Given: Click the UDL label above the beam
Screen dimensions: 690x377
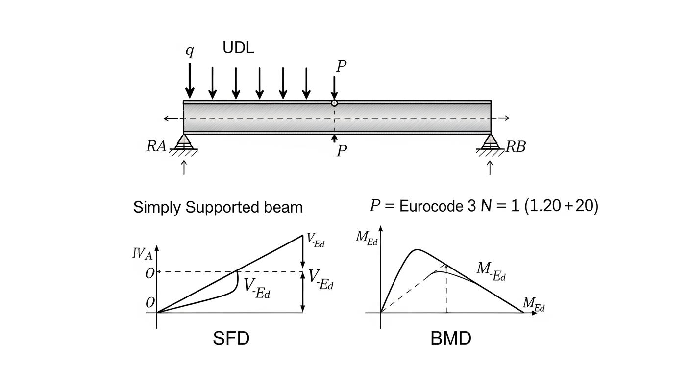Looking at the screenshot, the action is (238, 48).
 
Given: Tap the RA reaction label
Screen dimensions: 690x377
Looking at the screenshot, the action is (156, 146).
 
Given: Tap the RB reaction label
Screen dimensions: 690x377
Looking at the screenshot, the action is (516, 147).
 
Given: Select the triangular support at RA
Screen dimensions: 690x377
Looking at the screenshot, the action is (184, 142).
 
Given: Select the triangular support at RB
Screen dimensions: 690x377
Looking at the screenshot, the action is (490, 142).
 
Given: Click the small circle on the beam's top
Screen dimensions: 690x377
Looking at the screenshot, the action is (334, 103).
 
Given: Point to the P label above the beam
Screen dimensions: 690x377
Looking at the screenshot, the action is (341, 66).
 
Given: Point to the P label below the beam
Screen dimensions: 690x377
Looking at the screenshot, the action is (342, 151).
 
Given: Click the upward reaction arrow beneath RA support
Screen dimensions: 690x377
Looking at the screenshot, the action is (184, 167).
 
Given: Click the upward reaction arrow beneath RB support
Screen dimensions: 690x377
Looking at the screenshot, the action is (490, 167).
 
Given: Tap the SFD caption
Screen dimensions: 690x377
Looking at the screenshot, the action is (231, 338).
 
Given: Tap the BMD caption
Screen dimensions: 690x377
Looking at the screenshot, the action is (451, 338).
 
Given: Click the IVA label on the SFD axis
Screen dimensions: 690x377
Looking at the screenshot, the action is (142, 254).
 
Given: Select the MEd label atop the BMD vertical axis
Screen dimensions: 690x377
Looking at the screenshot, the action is (366, 238).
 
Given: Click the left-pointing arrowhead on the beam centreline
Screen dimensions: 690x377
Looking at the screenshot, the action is (166, 118).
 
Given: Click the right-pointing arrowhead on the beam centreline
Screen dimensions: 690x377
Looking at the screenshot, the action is (506, 118).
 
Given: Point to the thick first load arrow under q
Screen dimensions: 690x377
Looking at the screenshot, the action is (190, 81).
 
